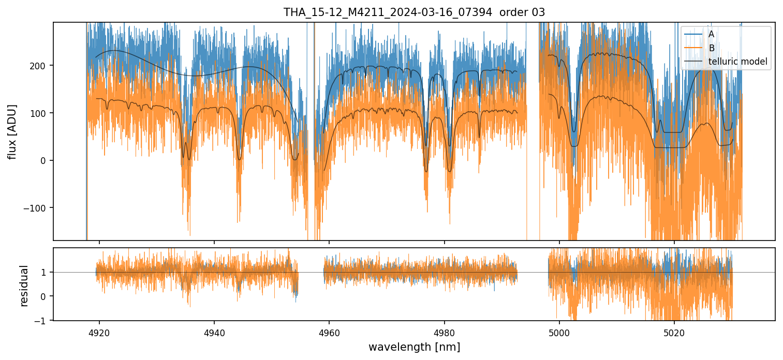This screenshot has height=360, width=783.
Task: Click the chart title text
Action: (414, 12)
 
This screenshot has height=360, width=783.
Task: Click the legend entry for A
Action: (711, 34)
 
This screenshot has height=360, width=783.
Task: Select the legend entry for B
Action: (711, 48)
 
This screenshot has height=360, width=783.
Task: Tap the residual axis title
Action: (24, 285)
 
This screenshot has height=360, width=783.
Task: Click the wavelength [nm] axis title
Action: (414, 347)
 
